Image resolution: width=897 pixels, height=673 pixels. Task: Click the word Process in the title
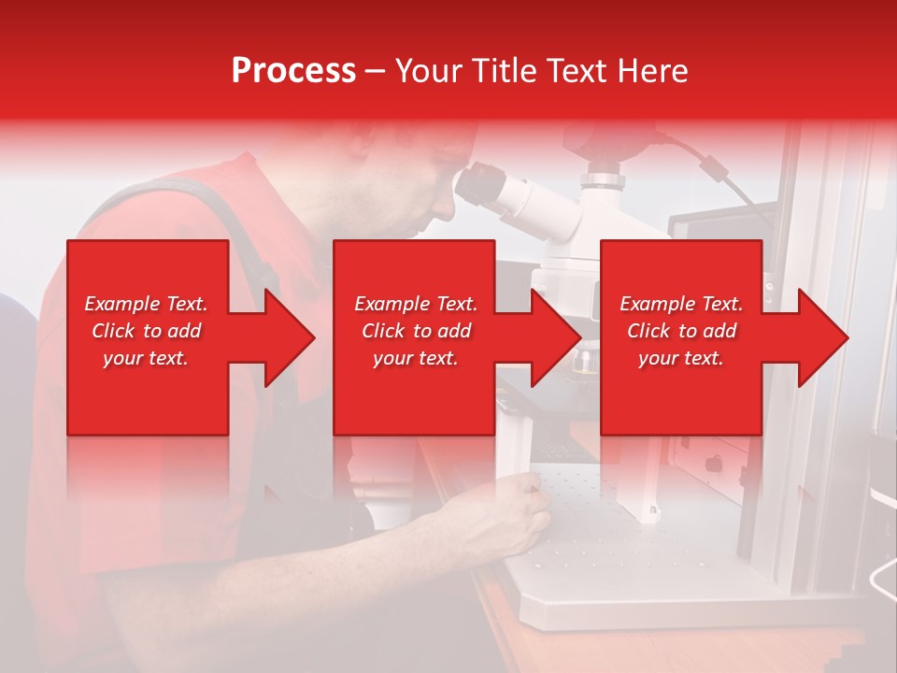click(x=293, y=71)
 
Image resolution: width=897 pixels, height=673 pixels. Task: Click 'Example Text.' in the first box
click(x=147, y=304)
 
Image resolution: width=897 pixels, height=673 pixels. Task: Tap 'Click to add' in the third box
click(x=682, y=331)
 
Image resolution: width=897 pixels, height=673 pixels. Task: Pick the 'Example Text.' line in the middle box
click(x=416, y=304)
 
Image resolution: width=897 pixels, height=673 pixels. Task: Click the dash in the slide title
click(x=375, y=72)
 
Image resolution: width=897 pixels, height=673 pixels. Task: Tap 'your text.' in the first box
click(x=147, y=358)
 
